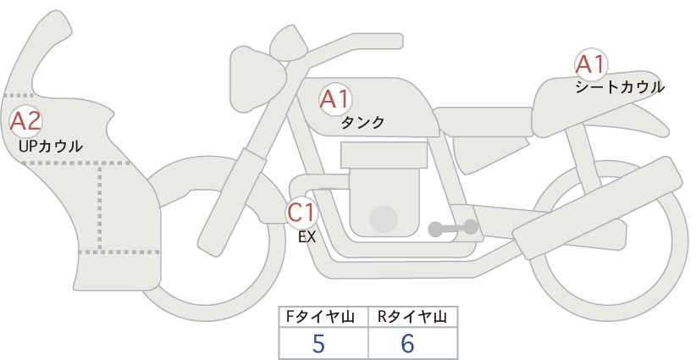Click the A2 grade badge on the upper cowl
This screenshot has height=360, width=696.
(25, 121)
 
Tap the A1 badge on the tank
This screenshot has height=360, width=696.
(335, 99)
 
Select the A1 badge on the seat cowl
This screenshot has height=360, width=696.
(590, 64)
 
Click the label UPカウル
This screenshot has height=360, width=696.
(50, 147)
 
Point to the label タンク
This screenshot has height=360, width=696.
(362, 123)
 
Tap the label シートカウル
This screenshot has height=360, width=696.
(620, 86)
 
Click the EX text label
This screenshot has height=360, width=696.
(307, 237)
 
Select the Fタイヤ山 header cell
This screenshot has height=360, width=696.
(324, 317)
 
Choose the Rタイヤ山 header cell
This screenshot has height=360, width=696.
(412, 317)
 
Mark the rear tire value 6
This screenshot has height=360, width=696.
(408, 343)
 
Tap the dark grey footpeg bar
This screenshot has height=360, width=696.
(453, 227)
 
